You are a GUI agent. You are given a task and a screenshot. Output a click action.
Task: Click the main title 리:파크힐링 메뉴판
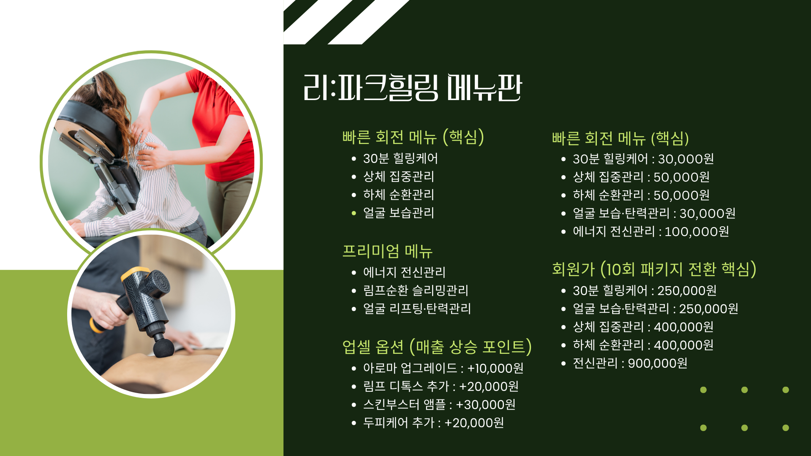pyautogui.click(x=413, y=87)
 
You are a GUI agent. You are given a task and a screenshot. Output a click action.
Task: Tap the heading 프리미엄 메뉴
pyautogui.click(x=387, y=251)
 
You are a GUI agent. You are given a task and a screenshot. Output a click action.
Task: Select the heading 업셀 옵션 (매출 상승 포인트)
pyautogui.click(x=437, y=347)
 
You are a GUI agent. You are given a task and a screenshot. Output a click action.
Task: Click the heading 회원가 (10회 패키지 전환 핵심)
pyautogui.click(x=654, y=269)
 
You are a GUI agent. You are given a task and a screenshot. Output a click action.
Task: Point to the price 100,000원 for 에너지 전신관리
pyautogui.click(x=697, y=231)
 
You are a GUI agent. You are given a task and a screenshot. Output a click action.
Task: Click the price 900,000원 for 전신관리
pyautogui.click(x=658, y=363)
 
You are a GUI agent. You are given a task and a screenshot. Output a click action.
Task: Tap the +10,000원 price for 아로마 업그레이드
pyautogui.click(x=495, y=368)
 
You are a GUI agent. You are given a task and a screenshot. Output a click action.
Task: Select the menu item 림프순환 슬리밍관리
pyautogui.click(x=416, y=290)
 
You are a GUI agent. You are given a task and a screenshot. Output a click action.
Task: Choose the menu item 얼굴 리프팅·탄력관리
pyautogui.click(x=417, y=308)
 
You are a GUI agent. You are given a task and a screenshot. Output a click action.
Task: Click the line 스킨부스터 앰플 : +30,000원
pyautogui.click(x=439, y=404)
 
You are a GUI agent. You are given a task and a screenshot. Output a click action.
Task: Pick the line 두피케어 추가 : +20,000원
pyautogui.click(x=433, y=423)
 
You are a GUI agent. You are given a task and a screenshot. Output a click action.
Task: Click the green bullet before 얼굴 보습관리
pyautogui.click(x=354, y=213)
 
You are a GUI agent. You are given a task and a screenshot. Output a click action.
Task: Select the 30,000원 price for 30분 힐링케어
pyautogui.click(x=686, y=159)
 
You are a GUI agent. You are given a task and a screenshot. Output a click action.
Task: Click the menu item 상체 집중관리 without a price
pyautogui.click(x=399, y=176)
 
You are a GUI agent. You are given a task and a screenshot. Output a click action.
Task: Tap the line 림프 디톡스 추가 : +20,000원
pyautogui.click(x=441, y=386)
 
